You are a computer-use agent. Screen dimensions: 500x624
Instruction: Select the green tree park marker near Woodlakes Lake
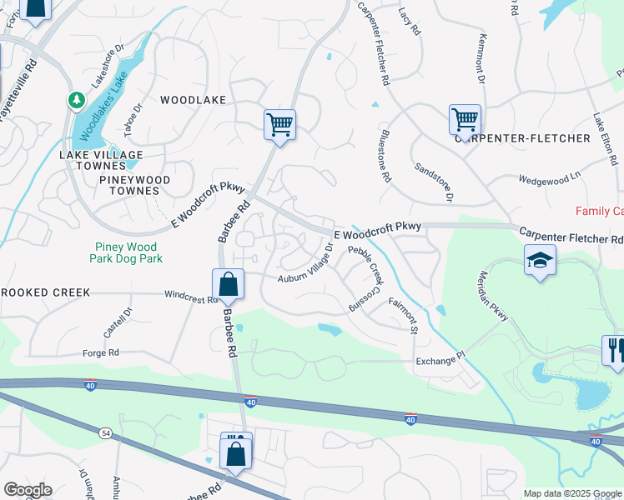click(77, 100)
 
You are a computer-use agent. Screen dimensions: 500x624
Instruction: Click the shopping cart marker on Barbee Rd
click(280, 125)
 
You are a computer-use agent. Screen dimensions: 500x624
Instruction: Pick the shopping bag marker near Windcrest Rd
click(228, 284)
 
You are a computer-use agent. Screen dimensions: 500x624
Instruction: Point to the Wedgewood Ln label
click(548, 178)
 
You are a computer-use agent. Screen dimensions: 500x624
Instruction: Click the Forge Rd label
click(101, 352)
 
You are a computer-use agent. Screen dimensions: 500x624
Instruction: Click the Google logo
click(28, 490)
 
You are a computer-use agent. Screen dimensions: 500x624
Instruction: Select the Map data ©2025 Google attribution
click(572, 493)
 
